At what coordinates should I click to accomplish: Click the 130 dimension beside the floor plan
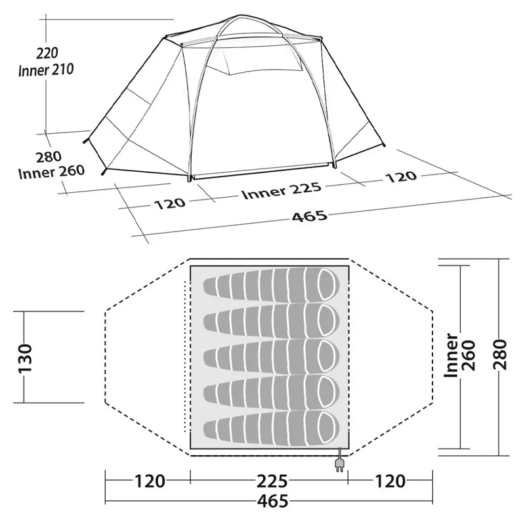(25, 358)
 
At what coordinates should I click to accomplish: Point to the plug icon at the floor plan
(341, 463)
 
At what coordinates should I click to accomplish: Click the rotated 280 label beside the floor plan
(504, 358)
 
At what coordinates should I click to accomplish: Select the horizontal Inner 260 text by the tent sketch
(51, 171)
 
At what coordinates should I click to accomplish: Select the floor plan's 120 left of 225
(150, 481)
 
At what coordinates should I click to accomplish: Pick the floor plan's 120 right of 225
(390, 481)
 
